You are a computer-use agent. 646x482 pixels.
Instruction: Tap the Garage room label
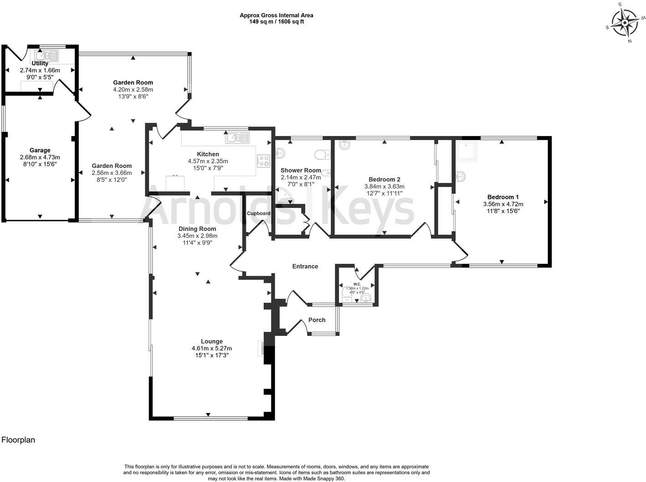pyautogui.click(x=40, y=150)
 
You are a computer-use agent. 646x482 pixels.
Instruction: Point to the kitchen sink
pyautogui.click(x=237, y=136)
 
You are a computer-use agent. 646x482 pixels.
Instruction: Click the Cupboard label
pyautogui.click(x=259, y=213)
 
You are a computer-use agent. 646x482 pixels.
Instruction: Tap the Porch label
pyautogui.click(x=317, y=320)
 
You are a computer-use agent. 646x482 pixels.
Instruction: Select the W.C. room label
pyautogui.click(x=357, y=284)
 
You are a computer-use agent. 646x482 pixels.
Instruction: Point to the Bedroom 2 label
pyautogui.click(x=384, y=179)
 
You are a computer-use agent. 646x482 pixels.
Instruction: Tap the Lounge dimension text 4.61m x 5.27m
pyautogui.click(x=212, y=348)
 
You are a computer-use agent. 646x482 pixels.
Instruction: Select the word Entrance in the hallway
pyautogui.click(x=305, y=266)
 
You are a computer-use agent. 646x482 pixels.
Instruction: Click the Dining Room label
pyautogui.click(x=197, y=229)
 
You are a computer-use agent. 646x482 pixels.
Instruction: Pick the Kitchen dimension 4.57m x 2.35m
pyautogui.click(x=208, y=161)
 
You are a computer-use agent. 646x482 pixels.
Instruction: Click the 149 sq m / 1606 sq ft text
pyautogui.click(x=276, y=21)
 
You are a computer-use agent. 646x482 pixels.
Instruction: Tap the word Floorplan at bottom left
pyautogui.click(x=18, y=440)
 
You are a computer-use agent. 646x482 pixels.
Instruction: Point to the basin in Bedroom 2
pyautogui.click(x=345, y=146)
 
